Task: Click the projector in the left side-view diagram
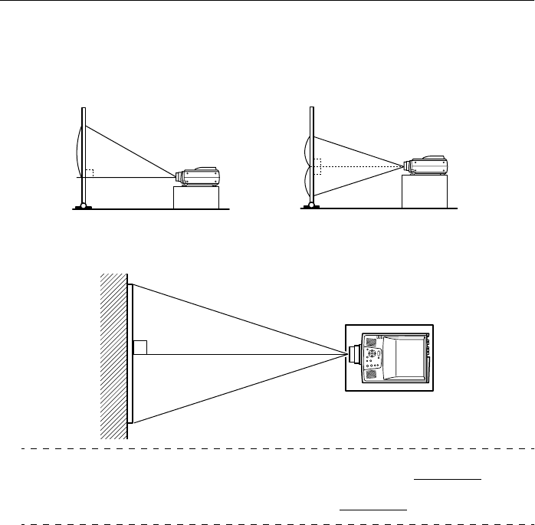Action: [x=200, y=176]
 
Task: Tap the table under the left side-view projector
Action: [x=196, y=197]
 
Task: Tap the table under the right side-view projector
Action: [x=424, y=191]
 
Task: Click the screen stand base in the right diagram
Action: [x=310, y=205]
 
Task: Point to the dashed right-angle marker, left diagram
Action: [x=89, y=173]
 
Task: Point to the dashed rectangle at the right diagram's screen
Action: [x=318, y=165]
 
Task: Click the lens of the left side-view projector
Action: [x=179, y=176]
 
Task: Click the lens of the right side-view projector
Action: [x=407, y=165]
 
